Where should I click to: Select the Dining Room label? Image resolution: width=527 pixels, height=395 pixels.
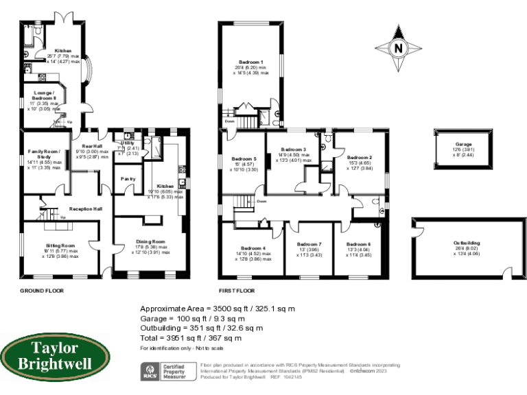point(150,241)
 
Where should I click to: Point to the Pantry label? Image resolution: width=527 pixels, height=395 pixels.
point(128,179)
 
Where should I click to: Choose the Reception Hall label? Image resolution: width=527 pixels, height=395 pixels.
point(86,209)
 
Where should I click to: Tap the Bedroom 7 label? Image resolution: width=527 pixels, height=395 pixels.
point(309,245)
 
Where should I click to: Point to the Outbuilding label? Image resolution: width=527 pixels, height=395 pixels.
point(467,243)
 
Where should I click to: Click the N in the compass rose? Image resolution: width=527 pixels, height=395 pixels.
point(397,48)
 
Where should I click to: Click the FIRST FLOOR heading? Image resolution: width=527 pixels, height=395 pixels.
point(238,291)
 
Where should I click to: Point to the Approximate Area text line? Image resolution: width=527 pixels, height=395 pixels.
point(218,309)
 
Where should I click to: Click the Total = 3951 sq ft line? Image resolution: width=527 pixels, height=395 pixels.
point(191,338)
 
